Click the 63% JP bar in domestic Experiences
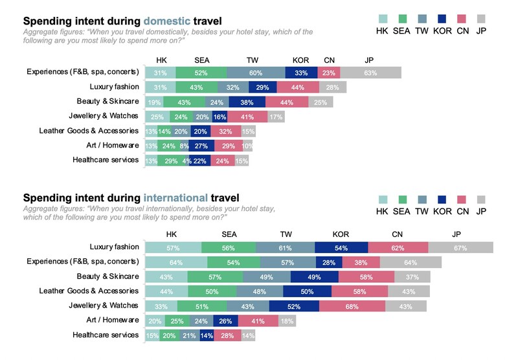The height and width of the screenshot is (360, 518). click(x=370, y=73)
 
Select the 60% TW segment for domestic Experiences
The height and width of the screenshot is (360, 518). click(x=256, y=73)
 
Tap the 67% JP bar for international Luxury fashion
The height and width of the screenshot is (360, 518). click(x=460, y=247)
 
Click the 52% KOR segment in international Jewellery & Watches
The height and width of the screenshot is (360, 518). click(x=293, y=306)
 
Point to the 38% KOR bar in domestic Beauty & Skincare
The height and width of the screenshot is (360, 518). click(x=246, y=102)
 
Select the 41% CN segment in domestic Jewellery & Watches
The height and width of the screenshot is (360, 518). click(x=246, y=117)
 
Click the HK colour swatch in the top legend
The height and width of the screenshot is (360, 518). click(x=383, y=19)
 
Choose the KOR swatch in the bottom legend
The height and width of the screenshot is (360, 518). click(x=443, y=200)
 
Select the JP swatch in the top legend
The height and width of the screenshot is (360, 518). click(x=481, y=19)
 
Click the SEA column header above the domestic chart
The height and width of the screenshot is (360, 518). click(x=201, y=60)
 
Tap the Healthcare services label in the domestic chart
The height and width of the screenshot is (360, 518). click(x=106, y=159)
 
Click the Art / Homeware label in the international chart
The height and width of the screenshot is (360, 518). click(x=113, y=320)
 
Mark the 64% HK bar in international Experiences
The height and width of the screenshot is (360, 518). click(x=176, y=262)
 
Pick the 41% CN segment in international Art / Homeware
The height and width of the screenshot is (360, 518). click(x=258, y=321)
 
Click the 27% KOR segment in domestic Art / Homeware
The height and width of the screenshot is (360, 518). click(x=201, y=146)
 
